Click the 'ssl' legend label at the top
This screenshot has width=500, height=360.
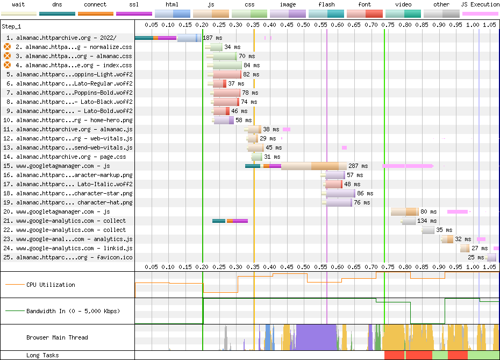point(134,4)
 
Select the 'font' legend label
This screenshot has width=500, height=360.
point(365,4)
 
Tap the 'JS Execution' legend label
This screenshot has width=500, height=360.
point(480,4)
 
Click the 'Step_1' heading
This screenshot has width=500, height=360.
point(11,26)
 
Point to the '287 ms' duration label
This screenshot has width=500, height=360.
point(358,166)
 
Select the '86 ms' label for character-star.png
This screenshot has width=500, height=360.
point(365,194)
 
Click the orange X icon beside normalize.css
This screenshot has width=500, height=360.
point(8,47)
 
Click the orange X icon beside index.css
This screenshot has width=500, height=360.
point(8,66)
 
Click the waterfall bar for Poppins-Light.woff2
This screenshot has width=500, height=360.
point(227,75)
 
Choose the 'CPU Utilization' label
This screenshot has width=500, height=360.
point(51,285)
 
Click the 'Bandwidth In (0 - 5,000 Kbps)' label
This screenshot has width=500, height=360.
point(73,312)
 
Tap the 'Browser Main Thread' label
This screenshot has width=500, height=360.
point(57,338)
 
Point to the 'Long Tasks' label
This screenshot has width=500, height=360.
point(42,356)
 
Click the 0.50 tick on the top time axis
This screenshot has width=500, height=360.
point(303,25)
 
